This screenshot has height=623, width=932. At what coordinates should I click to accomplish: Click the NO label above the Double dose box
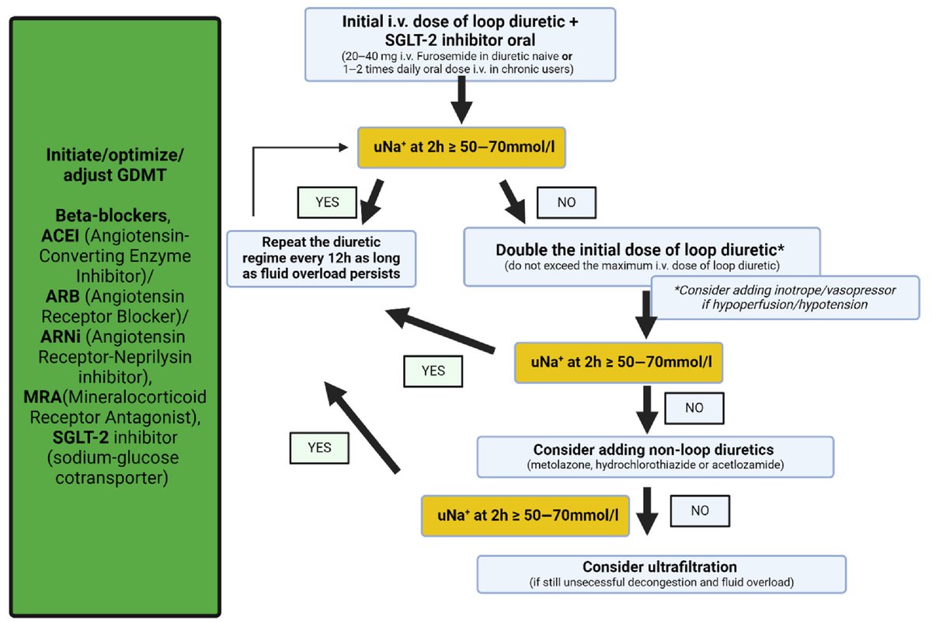pos(567,202)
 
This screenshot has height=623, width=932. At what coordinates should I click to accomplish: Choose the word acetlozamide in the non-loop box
pos(752,465)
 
